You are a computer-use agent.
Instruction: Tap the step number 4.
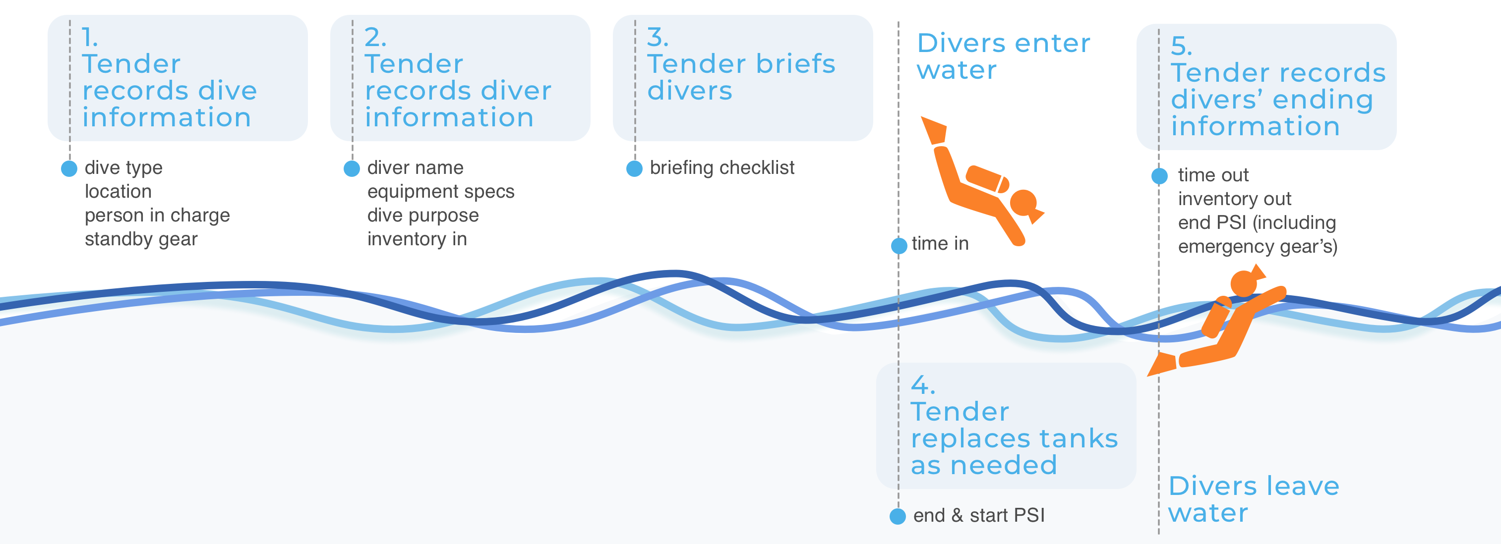tap(922, 385)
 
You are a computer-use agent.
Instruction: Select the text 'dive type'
tap(123, 168)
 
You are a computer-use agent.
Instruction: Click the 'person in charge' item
tap(157, 216)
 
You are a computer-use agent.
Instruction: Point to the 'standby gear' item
tap(141, 239)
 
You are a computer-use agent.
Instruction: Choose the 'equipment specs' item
tap(440, 192)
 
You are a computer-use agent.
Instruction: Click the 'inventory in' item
tap(417, 239)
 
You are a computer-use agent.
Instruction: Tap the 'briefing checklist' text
tap(722, 168)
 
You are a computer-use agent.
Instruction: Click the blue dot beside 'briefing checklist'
tap(634, 169)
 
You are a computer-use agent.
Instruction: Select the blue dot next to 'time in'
tap(899, 245)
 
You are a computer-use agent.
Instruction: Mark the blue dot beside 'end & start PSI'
tap(898, 516)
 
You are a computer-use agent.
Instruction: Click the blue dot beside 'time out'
tap(1159, 176)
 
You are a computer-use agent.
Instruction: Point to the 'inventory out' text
tap(1234, 199)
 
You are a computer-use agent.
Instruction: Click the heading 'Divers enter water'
tap(1003, 56)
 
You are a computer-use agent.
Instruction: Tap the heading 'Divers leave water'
tap(1254, 499)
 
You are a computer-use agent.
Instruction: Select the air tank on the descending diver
tap(987, 179)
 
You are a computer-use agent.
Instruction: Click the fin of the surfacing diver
tap(1162, 364)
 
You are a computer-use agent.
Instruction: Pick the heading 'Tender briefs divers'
tap(741, 77)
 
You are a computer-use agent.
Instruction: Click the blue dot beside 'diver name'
tap(352, 169)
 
